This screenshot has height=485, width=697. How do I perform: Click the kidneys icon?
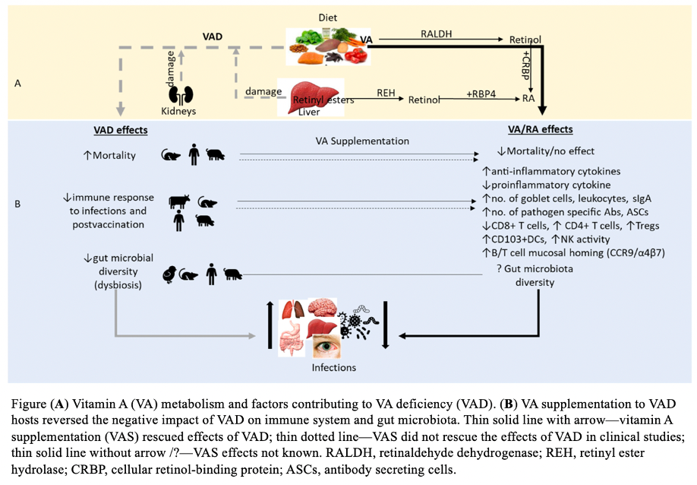(181, 95)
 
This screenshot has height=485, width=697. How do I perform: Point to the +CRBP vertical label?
(525, 69)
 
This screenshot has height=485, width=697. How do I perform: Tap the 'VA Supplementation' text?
(363, 141)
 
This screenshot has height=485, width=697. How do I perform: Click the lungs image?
(292, 309)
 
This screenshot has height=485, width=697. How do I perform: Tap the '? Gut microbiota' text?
(538, 269)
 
